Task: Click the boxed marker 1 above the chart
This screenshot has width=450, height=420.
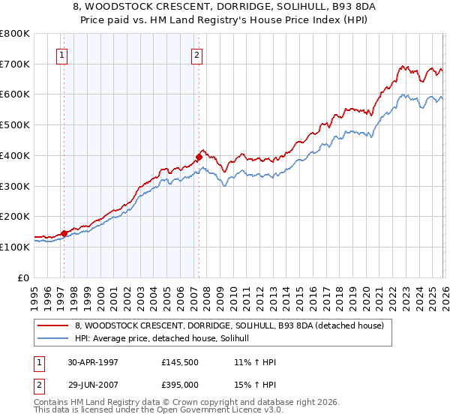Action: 61,54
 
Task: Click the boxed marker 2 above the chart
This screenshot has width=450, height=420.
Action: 196,54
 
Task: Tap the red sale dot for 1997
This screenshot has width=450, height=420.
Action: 64,233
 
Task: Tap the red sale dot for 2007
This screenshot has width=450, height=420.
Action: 199,157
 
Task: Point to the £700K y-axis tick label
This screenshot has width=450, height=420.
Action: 14,64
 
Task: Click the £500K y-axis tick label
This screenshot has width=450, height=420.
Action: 14,124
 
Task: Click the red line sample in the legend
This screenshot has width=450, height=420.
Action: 52,325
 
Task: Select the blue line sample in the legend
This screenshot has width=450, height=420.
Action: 52,339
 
